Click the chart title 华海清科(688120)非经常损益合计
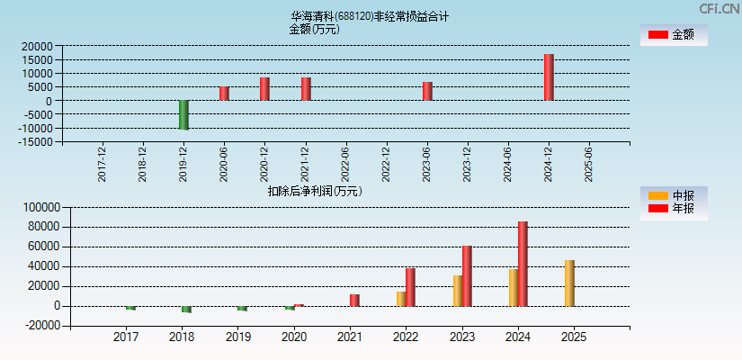[x=370, y=16]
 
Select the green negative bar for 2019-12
[x=183, y=114]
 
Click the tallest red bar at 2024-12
[x=549, y=77]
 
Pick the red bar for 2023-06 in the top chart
[x=427, y=91]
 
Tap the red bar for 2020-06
[x=224, y=94]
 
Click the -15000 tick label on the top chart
[x=34, y=142]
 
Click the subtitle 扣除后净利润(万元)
[x=315, y=191]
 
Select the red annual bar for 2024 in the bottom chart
[x=523, y=264]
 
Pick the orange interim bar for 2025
[x=569, y=283]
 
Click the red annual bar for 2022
[x=410, y=287]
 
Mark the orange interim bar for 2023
[x=458, y=291]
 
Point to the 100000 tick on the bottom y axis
[x=40, y=207]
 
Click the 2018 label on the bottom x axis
[x=182, y=337]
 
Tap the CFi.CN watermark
[x=719, y=8]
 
